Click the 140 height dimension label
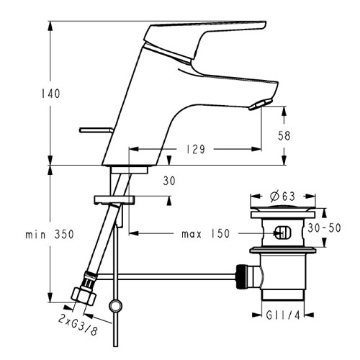point(50,94)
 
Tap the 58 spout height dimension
point(284,135)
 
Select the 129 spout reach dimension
point(196,149)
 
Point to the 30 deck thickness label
point(169,181)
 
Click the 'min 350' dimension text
point(50,234)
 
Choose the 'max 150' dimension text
point(206,233)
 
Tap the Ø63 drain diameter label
point(282,197)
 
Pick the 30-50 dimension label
point(324,228)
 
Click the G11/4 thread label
point(283,315)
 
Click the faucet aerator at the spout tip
point(261,104)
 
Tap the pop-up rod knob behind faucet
point(96,130)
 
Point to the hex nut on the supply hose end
point(84,297)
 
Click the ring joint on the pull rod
point(116,306)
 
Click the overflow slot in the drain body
point(282,233)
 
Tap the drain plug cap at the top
point(283,208)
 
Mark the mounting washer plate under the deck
point(114,199)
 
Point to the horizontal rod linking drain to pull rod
point(166,276)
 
